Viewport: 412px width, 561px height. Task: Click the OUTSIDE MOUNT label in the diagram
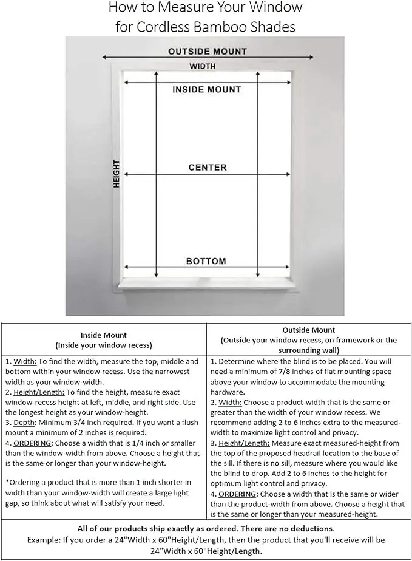[208, 52]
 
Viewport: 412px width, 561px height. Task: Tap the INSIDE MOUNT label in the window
[206, 89]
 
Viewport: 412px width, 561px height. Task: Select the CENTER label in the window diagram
[207, 167]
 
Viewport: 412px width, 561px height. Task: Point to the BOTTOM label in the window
[206, 261]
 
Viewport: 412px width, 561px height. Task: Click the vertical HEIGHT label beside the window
[117, 174]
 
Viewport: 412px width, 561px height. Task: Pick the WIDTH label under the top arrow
[202, 66]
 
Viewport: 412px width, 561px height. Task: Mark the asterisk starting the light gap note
[7, 483]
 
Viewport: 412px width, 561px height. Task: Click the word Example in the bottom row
[43, 540]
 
